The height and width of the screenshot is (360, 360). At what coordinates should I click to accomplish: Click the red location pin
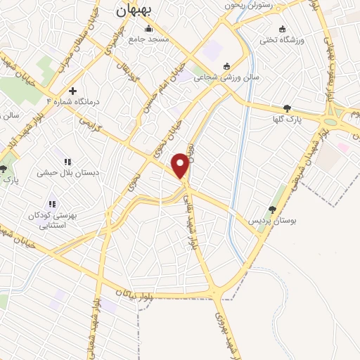181,165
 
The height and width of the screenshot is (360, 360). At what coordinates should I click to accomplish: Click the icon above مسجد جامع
148,29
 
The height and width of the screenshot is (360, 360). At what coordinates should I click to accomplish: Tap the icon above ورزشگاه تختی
283,29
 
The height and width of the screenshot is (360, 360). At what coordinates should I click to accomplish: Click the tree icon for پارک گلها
287,108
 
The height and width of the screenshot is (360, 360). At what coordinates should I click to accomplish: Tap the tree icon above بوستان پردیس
272,210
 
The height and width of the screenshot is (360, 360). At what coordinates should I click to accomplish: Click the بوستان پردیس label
271,221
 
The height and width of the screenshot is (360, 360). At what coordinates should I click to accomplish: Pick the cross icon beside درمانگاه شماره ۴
72,91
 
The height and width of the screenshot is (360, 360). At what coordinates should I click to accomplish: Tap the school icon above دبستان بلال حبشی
67,162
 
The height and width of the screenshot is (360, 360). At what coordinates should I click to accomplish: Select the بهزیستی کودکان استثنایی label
53,220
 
